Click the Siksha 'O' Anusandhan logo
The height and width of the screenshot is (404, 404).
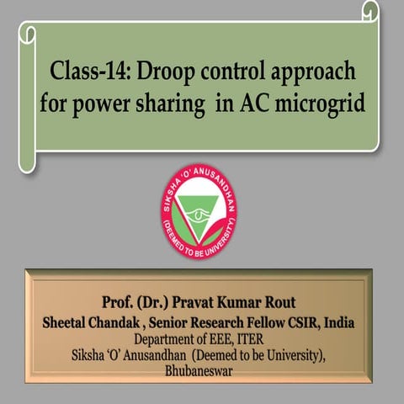[x=199, y=212]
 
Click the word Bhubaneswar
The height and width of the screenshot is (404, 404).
[x=201, y=369]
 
